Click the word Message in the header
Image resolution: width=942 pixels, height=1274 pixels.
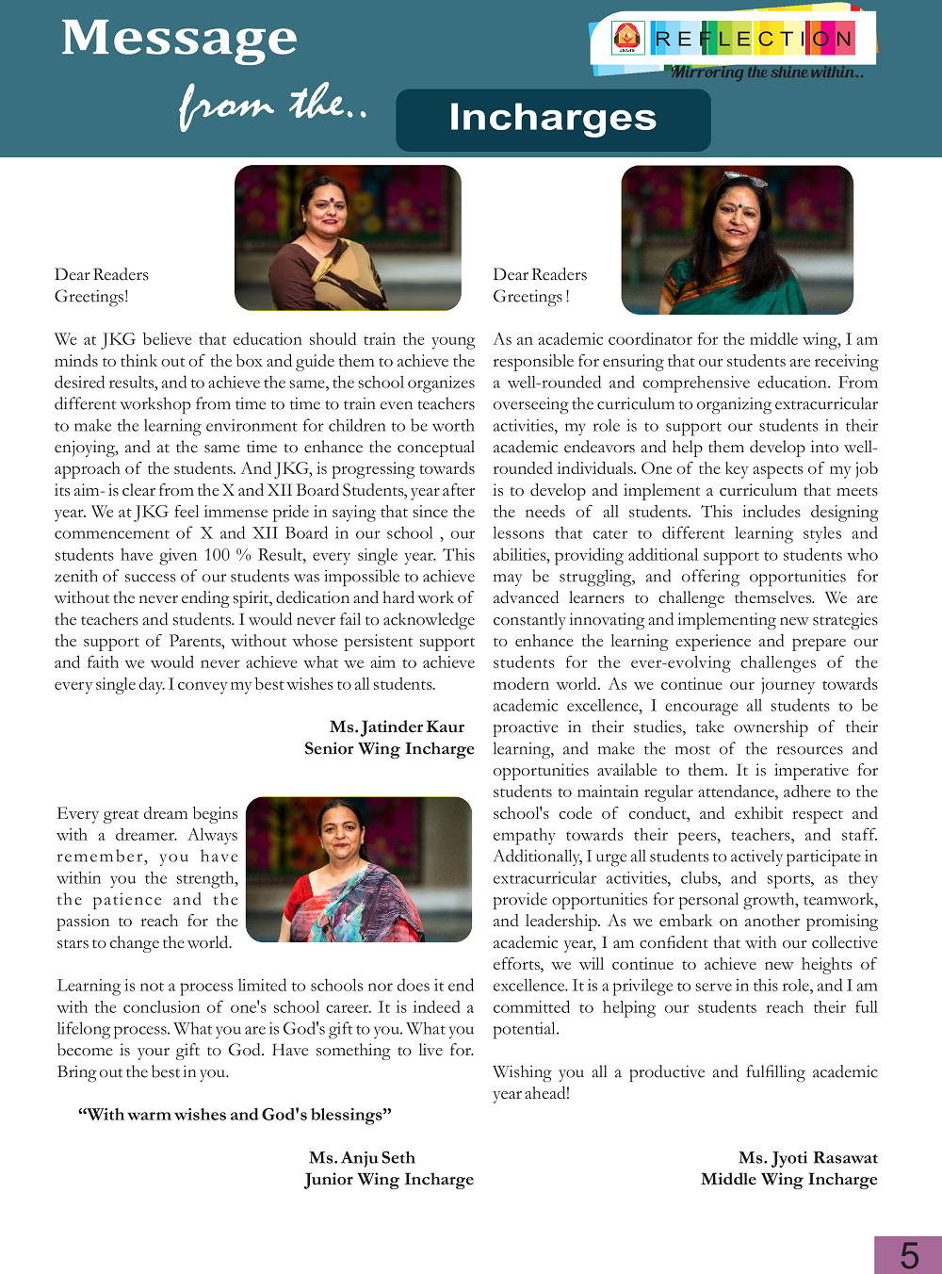coord(179,40)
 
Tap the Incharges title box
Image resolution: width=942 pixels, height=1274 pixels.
coord(553,120)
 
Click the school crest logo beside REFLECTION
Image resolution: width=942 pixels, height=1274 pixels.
coord(626,38)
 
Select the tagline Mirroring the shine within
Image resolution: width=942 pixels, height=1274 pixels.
coord(767,73)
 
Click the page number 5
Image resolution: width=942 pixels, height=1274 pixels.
coord(909,1255)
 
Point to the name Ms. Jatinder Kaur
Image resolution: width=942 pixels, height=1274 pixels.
coord(397,727)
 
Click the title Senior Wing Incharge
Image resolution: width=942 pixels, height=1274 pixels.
coord(389,748)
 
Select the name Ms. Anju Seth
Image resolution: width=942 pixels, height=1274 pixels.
coord(362,1157)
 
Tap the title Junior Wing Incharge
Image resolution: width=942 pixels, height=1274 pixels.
coord(389,1179)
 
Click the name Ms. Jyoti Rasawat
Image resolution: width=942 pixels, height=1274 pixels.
coord(807,1157)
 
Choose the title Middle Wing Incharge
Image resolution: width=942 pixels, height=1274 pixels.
coord(788,1179)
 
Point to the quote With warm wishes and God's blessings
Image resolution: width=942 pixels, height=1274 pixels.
coord(235,1115)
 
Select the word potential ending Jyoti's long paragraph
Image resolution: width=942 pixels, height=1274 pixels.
coord(526,1029)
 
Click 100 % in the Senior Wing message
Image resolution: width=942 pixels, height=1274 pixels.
coord(229,555)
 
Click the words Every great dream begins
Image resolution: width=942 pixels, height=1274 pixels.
coord(147,813)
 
